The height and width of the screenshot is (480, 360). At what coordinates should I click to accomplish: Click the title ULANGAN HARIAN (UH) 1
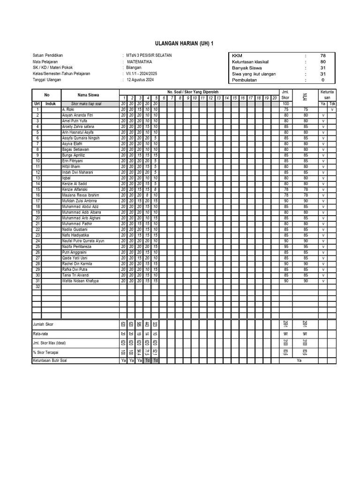[x=180, y=44]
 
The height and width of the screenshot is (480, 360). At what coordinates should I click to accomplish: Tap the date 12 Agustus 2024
[x=140, y=80]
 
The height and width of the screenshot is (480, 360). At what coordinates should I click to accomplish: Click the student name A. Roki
[x=68, y=109]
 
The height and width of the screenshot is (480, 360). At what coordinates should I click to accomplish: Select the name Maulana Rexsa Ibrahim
[x=81, y=195]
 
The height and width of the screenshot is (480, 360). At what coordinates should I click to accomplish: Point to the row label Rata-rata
[x=40, y=334]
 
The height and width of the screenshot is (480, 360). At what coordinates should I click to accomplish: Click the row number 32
[x=37, y=286]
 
